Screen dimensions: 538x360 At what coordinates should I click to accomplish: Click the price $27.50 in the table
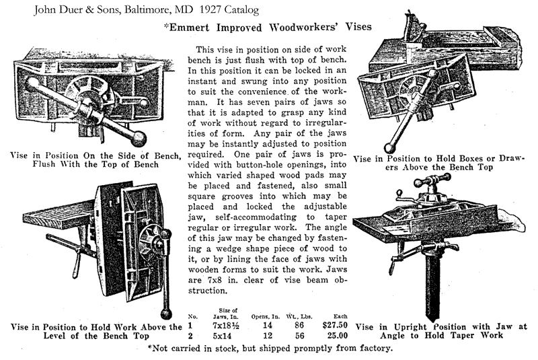(x=335, y=325)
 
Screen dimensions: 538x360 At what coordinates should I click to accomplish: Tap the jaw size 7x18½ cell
(x=226, y=325)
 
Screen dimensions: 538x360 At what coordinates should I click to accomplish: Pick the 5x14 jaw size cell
(x=222, y=336)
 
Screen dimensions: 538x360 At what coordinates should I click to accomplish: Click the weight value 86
(x=299, y=325)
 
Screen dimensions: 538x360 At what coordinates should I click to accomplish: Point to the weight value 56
(x=299, y=336)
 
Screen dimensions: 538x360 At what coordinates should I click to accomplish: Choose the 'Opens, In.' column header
(x=265, y=316)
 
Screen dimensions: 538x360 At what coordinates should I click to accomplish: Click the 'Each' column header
(x=340, y=316)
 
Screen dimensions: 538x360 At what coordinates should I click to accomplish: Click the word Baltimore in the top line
(x=147, y=10)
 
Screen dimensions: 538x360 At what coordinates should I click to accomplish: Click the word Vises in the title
(x=358, y=27)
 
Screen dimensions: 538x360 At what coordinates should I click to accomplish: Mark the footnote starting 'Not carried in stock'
(x=270, y=349)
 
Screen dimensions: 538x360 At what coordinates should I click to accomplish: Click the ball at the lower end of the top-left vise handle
(x=139, y=139)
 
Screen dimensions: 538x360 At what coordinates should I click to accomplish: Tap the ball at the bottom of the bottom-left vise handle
(x=166, y=314)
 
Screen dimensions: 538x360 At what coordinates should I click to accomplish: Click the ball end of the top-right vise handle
(x=389, y=148)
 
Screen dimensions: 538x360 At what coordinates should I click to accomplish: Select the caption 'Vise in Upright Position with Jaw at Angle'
(x=441, y=331)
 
